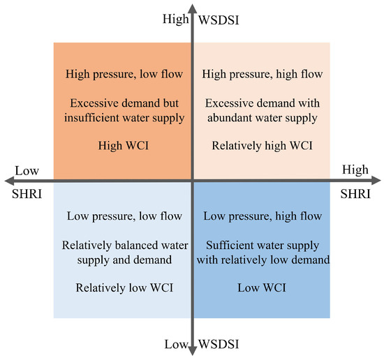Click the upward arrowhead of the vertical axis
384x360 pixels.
click(x=193, y=9)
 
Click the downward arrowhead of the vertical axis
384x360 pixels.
click(x=193, y=350)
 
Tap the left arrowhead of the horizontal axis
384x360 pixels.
click(x=10, y=181)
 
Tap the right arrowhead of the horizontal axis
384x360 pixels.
click(x=376, y=181)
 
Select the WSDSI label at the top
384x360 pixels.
click(x=219, y=20)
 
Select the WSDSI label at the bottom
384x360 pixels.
click(x=219, y=344)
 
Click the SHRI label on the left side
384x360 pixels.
click(x=27, y=194)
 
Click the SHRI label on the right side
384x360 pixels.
click(x=355, y=194)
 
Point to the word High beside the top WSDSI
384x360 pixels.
click(x=175, y=19)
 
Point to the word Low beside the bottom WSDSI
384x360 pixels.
click(x=176, y=344)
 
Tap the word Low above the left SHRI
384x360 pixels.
click(x=27, y=170)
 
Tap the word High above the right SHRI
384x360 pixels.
click(x=355, y=170)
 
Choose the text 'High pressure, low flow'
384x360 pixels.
click(x=124, y=74)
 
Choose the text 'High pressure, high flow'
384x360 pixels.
click(x=263, y=74)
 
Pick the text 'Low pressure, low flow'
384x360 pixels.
click(x=124, y=216)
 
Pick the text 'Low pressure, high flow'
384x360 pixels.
click(x=263, y=216)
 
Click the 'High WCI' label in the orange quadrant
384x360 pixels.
click(x=124, y=146)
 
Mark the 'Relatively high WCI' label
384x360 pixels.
click(x=262, y=146)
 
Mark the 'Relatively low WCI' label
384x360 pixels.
click(x=124, y=288)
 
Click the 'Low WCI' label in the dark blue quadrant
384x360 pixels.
click(x=262, y=288)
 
